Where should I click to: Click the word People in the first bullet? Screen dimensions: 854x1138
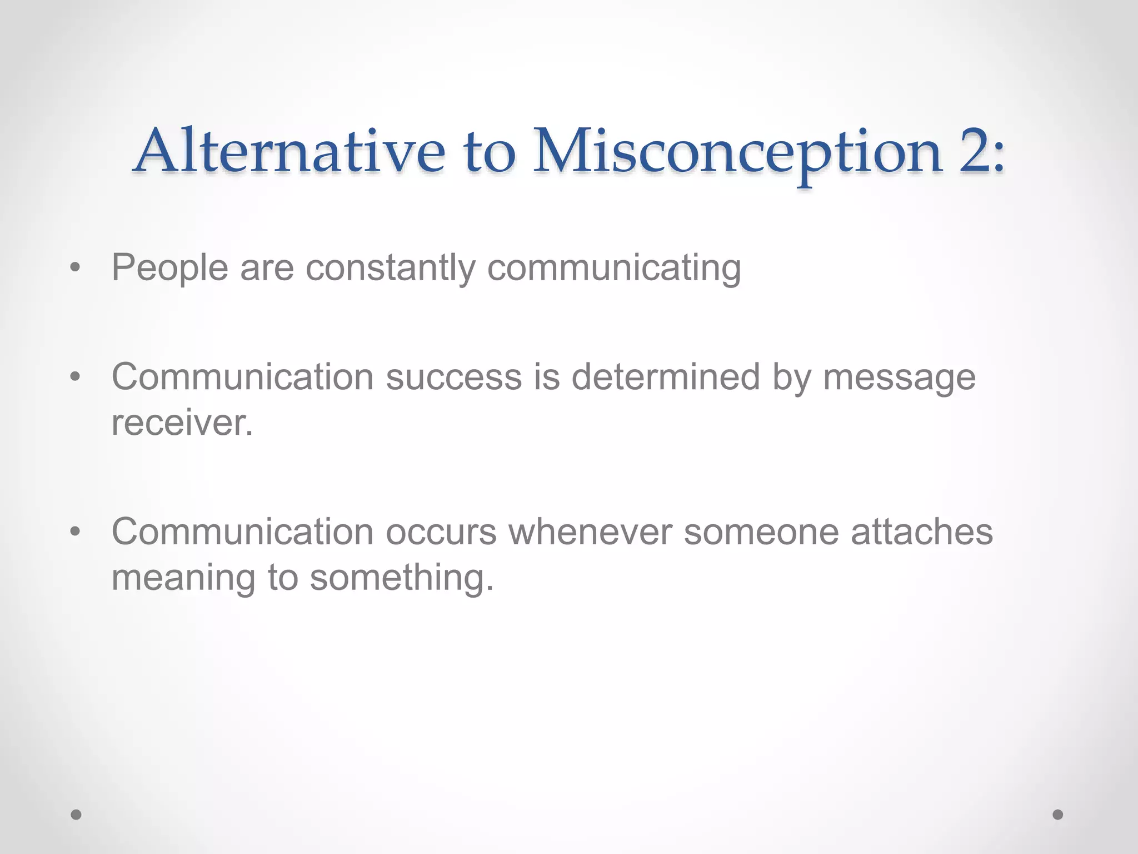click(x=169, y=268)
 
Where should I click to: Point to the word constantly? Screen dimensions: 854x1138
click(x=391, y=268)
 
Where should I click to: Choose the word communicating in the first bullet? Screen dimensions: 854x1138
click(x=614, y=268)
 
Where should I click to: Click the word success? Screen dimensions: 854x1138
click(x=454, y=377)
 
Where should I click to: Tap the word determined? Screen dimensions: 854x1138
click(x=666, y=377)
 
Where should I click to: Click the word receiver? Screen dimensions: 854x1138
click(x=182, y=423)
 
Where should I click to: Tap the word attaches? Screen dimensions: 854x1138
click(x=922, y=532)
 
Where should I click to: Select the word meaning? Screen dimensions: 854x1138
click(x=183, y=578)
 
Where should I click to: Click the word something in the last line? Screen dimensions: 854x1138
click(x=401, y=578)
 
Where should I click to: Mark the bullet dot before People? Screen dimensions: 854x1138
click(x=76, y=269)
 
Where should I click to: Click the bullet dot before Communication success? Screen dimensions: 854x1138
click(x=76, y=378)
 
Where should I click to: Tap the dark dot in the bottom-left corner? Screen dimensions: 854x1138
click(x=76, y=815)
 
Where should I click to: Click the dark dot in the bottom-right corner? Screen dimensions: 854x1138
click(x=1058, y=815)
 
